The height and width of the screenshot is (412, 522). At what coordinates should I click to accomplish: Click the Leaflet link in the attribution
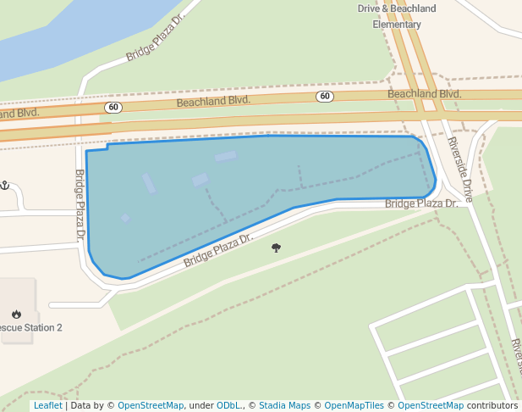point(47,405)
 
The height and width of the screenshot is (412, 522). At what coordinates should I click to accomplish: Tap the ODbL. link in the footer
point(228,405)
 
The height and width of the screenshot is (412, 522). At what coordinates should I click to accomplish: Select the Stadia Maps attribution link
point(284,405)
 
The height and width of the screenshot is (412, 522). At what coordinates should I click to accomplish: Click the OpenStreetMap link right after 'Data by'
point(151,405)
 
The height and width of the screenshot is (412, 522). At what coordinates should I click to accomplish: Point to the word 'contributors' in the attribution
point(492,405)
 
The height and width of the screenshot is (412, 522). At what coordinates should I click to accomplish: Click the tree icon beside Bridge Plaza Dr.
point(276,248)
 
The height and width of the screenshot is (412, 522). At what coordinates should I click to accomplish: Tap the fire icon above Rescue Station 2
point(16,314)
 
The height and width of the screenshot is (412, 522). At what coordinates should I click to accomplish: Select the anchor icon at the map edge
point(4,185)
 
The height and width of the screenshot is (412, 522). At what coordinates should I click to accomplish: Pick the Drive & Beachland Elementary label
point(397,16)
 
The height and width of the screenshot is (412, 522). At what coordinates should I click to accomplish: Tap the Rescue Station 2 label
point(30,327)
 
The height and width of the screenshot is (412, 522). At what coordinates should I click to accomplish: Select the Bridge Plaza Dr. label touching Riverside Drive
point(420,203)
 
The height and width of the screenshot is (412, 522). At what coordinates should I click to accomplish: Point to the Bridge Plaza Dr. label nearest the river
point(155,38)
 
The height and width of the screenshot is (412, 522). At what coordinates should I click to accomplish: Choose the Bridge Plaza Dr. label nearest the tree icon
point(217,250)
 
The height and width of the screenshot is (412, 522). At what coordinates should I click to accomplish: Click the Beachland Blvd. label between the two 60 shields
point(213,101)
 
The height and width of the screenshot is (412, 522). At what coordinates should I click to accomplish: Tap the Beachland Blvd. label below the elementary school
point(424,93)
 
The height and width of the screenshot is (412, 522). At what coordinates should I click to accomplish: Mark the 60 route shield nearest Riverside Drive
point(326,97)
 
